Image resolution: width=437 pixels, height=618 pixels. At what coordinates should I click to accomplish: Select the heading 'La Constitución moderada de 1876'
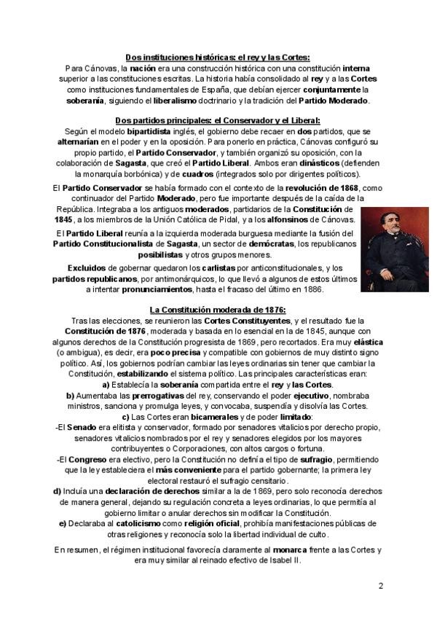[x=217, y=309]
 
